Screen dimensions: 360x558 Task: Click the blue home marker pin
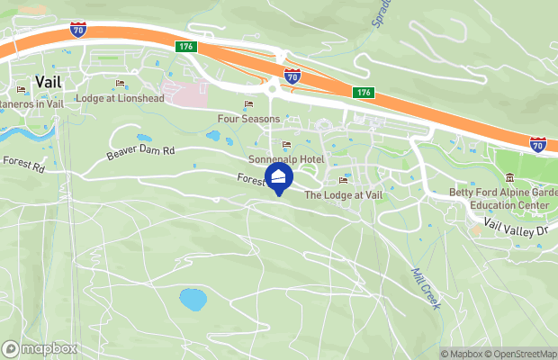[278, 176]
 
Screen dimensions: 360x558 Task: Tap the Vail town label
[49, 81]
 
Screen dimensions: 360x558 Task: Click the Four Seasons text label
[247, 118]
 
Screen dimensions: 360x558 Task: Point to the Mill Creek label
[425, 288]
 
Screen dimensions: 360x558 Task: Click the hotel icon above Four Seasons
[248, 104]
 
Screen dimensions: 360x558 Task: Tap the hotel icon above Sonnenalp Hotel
[287, 145]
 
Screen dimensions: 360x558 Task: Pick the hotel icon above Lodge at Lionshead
[120, 85]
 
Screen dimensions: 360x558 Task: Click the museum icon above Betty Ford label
[510, 176]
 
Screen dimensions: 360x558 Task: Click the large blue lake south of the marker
[193, 299]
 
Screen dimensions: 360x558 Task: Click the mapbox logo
[40, 348]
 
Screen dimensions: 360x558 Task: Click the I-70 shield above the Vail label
[78, 29]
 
